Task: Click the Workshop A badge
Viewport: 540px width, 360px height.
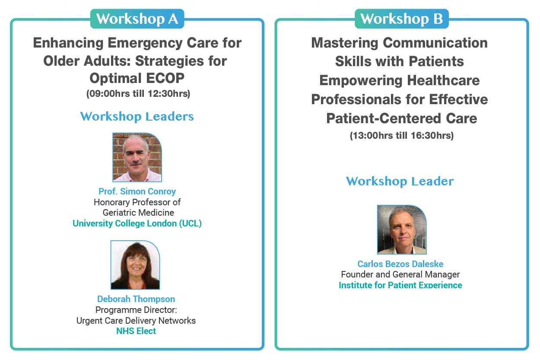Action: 137,19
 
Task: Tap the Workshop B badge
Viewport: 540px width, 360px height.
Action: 401,19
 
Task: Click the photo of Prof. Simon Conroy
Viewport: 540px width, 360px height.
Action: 137,157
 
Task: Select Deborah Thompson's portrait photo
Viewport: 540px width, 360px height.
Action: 135,265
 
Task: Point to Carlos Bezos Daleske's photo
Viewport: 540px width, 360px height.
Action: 401,229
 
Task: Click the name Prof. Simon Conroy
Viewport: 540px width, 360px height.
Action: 137,191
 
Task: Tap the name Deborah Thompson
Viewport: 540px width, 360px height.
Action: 136,299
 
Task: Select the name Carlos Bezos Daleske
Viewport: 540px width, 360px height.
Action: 400,264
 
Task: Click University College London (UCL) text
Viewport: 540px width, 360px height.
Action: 137,223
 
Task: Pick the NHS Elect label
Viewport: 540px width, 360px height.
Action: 136,331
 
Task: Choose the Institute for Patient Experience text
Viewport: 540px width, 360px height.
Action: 400,285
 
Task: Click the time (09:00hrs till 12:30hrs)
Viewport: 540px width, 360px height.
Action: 138,93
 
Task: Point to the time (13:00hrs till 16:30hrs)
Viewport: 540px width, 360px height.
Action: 401,135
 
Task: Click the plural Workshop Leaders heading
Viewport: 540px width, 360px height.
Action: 137,117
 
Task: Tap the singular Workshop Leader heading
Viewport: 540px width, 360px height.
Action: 400,182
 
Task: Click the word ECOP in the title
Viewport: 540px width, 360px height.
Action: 164,78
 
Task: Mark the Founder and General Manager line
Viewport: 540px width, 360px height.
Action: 400,274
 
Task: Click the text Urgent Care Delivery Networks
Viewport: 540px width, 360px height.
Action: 136,321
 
